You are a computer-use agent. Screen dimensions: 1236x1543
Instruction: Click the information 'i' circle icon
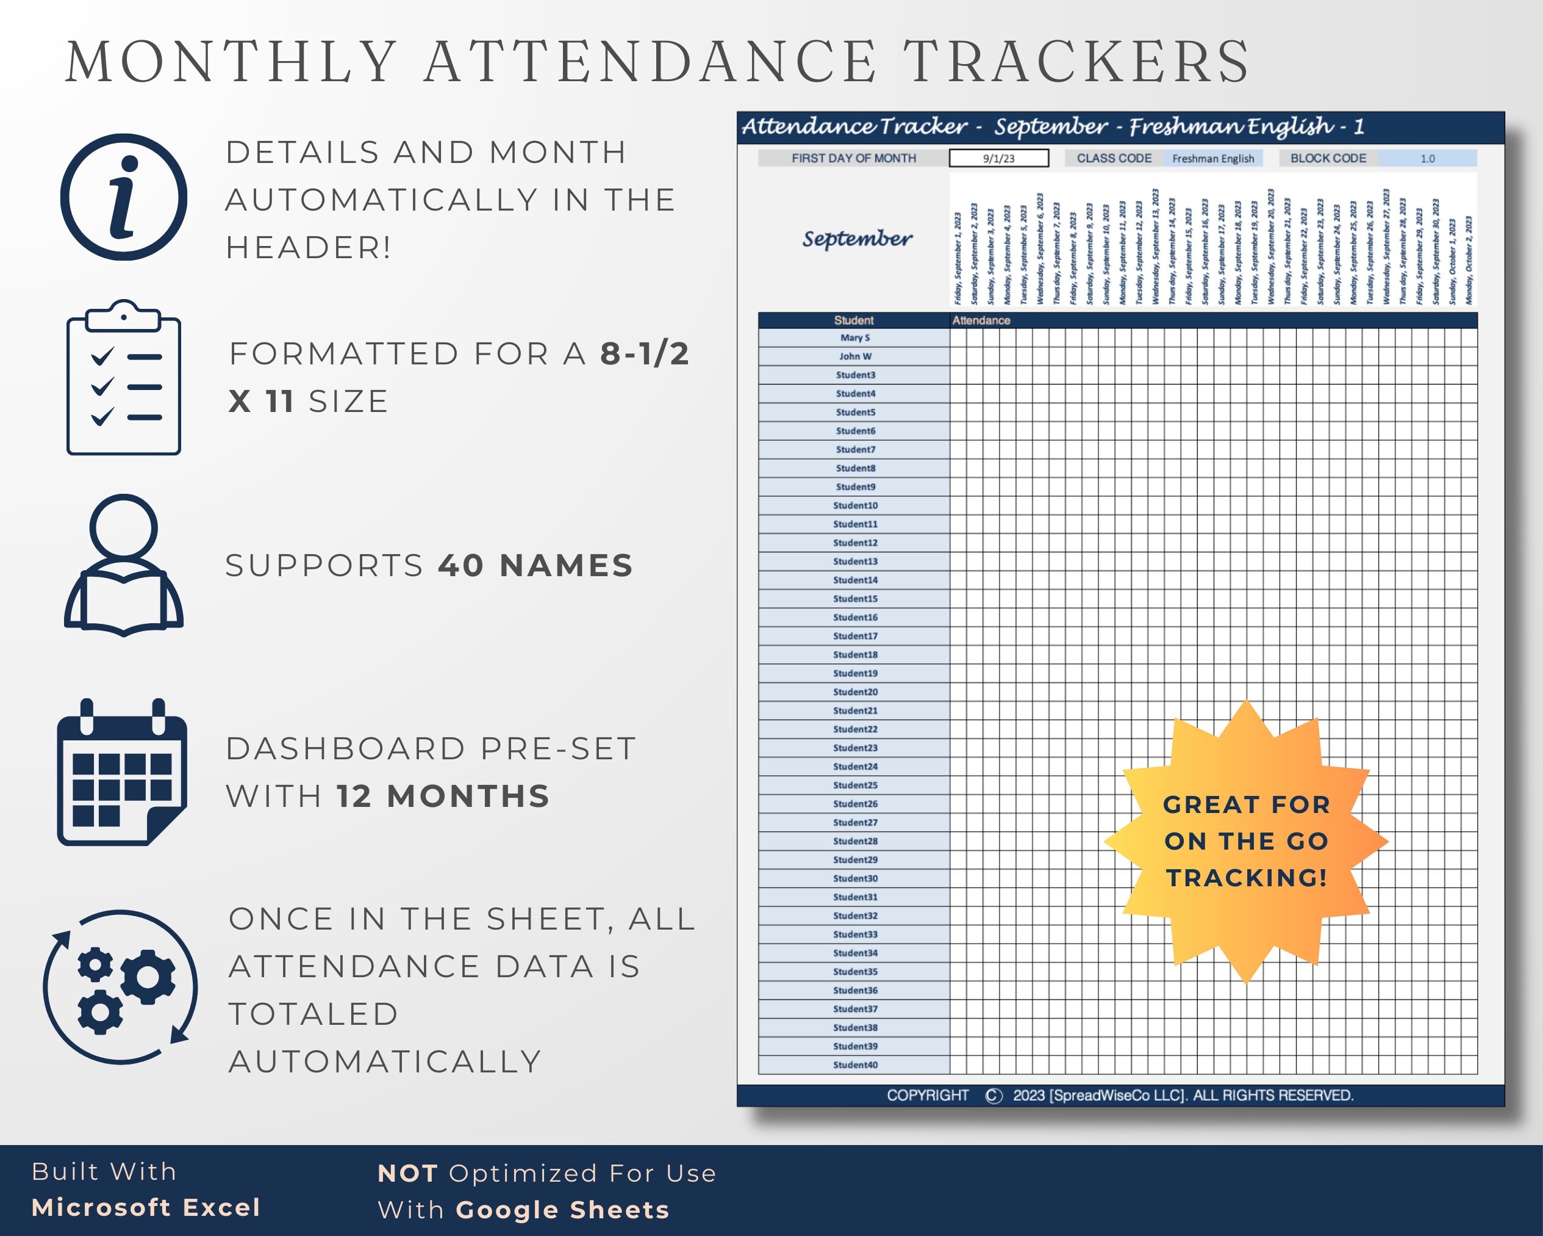tap(124, 197)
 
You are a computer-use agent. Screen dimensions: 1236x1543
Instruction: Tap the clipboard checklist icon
tap(124, 377)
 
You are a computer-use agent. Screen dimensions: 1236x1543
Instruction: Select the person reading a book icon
tap(124, 566)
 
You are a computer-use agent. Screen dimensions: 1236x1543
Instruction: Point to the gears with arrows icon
tap(121, 987)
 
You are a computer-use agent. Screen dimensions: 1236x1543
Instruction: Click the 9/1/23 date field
tap(998, 158)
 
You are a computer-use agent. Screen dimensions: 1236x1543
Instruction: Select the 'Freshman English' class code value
tap(1212, 158)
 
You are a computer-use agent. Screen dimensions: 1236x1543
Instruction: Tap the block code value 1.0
tap(1427, 158)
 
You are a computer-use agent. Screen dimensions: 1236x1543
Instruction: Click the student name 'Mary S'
tap(854, 338)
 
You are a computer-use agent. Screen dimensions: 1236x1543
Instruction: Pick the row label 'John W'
tap(854, 356)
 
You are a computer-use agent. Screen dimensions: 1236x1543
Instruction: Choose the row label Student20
tap(854, 692)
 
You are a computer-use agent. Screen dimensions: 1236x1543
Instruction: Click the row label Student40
tap(854, 1065)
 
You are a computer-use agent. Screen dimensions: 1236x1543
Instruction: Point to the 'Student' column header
tap(853, 320)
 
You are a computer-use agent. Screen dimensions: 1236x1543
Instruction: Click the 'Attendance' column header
tap(981, 320)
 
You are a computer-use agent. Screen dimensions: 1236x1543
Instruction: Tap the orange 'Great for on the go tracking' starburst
tap(1246, 842)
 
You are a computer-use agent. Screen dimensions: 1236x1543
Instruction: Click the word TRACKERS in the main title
tap(1077, 62)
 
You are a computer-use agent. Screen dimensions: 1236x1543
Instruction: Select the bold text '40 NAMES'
tap(535, 566)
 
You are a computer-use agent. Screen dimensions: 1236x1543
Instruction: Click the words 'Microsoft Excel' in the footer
tap(146, 1207)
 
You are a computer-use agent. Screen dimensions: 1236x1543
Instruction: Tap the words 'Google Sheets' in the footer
tap(562, 1210)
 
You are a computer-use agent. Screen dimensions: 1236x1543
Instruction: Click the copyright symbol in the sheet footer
tap(993, 1096)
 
